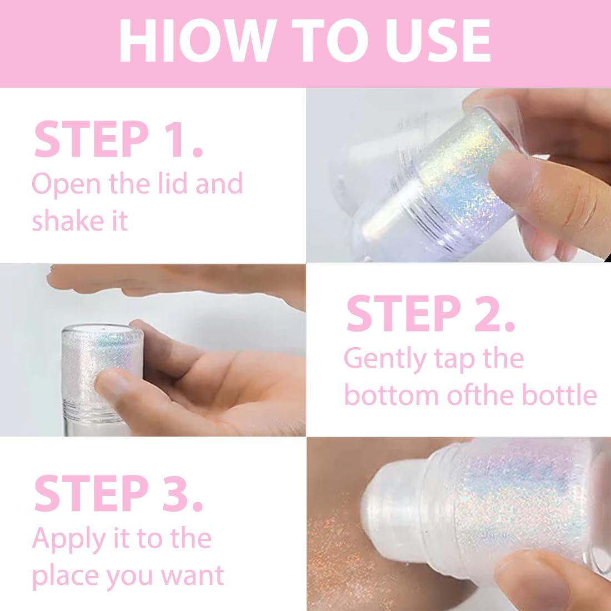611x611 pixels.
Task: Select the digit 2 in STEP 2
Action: pyautogui.click(x=484, y=314)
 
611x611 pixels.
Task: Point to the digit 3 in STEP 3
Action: pyautogui.click(x=177, y=493)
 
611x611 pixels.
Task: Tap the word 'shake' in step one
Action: pyautogui.click(x=62, y=221)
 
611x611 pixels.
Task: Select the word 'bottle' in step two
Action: pyautogui.click(x=559, y=395)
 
